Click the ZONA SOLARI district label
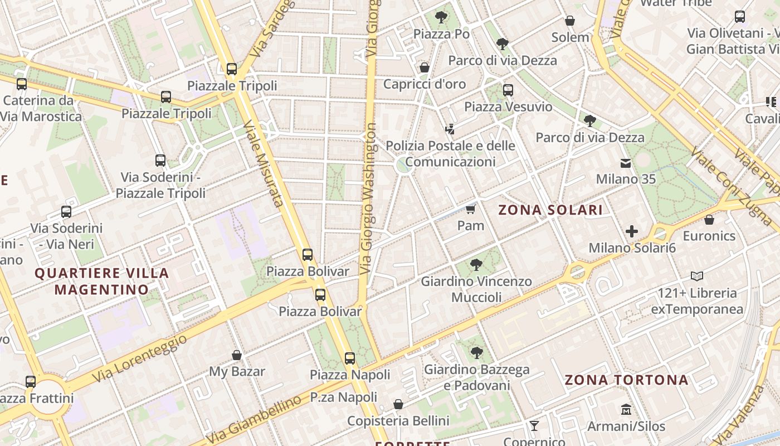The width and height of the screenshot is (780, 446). (x=550, y=210)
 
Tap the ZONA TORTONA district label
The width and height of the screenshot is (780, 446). (x=627, y=380)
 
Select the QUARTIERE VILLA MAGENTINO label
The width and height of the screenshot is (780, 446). (x=102, y=282)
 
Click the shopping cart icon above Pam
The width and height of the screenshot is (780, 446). (x=471, y=210)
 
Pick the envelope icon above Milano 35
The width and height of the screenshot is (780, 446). (x=626, y=163)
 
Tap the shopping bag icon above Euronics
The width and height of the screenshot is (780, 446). (x=709, y=220)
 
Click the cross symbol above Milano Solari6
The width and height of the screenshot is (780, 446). (x=632, y=231)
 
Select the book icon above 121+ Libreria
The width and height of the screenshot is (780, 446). (x=696, y=276)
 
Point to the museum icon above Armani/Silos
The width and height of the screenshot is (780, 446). (x=626, y=410)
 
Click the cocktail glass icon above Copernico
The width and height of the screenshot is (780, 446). (x=534, y=426)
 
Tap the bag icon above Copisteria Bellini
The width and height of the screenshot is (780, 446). (x=398, y=404)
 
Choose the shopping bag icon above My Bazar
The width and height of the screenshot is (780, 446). (x=237, y=355)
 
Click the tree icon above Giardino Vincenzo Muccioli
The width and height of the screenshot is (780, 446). (x=476, y=264)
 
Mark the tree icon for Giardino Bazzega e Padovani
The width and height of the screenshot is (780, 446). (x=476, y=352)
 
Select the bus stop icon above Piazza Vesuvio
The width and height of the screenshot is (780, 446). (x=508, y=90)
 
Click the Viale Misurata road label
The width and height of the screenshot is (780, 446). (x=264, y=164)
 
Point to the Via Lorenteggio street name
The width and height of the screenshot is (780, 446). (x=139, y=359)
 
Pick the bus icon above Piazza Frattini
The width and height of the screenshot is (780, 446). (x=31, y=382)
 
